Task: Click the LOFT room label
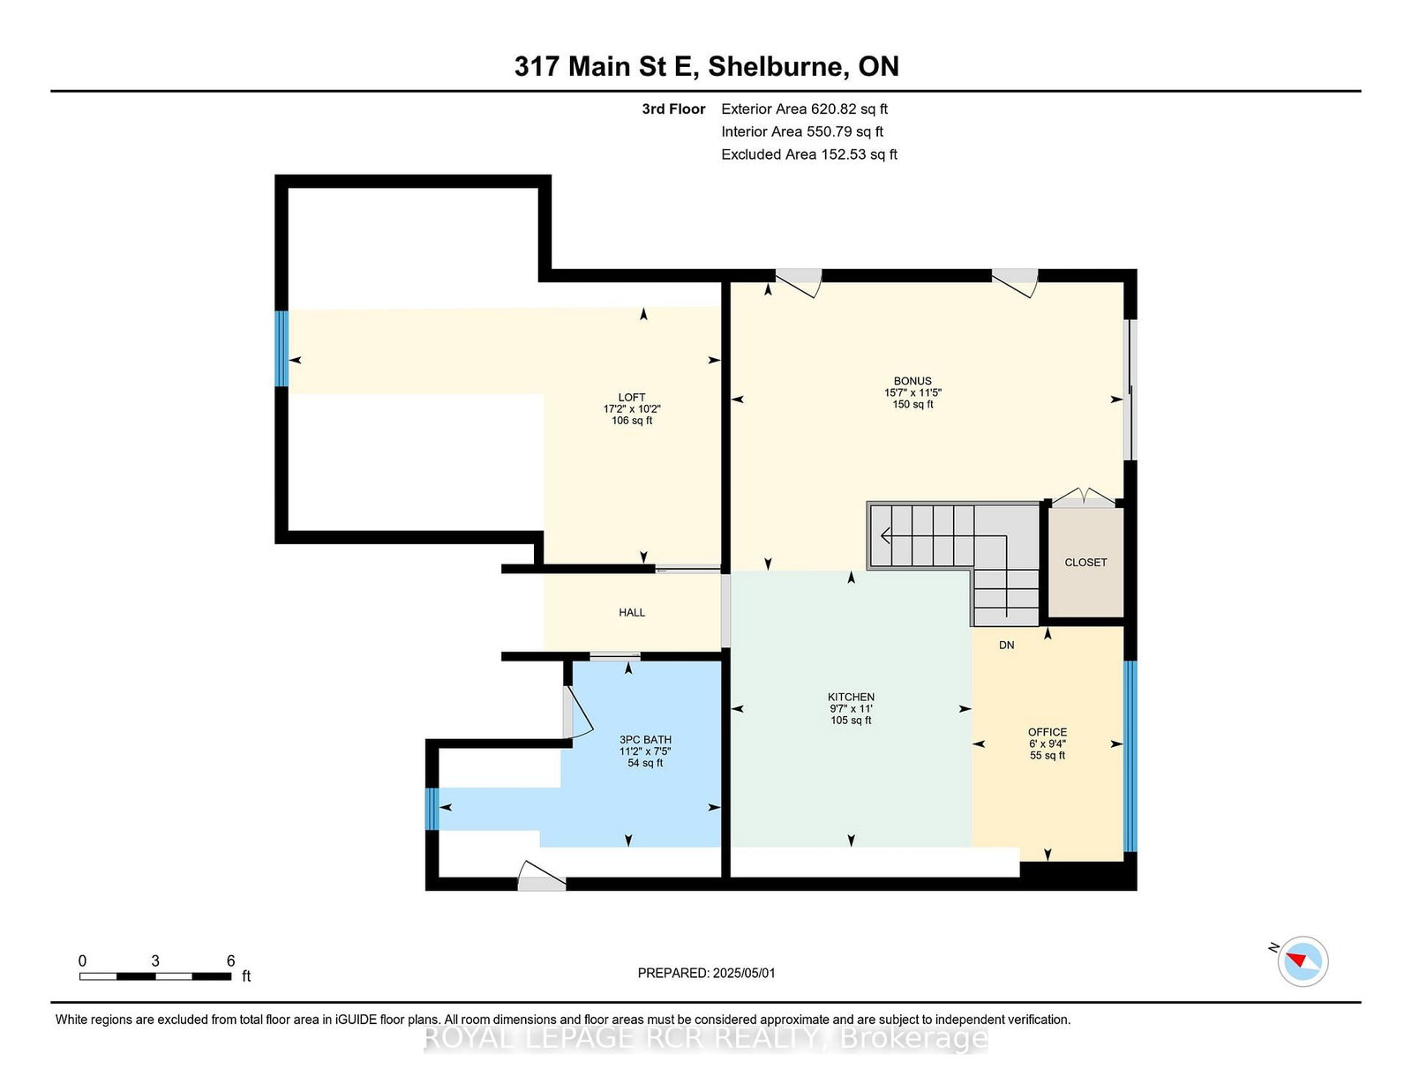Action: (631, 398)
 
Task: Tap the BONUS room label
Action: (913, 381)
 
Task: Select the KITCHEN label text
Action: (851, 697)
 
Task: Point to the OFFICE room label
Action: (1047, 732)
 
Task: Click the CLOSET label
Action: (1085, 563)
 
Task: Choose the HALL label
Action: (632, 612)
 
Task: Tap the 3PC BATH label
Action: (644, 740)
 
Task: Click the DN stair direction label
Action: (1006, 645)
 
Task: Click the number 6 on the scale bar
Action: (230, 960)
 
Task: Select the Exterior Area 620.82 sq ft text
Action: (804, 109)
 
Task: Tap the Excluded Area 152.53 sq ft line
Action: (809, 154)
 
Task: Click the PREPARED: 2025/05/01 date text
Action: (706, 973)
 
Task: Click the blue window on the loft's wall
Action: (282, 348)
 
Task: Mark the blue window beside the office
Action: (1130, 755)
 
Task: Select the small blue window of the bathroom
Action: (432, 809)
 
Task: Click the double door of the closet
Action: (1083, 497)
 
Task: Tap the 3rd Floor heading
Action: (673, 109)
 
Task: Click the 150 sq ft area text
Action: (913, 404)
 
